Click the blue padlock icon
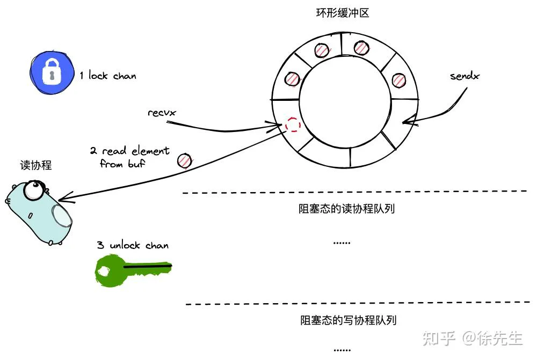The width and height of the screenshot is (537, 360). click(52, 72)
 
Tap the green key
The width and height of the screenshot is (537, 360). click(133, 269)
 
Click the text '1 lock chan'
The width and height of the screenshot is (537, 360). click(108, 75)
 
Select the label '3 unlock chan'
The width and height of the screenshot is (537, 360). click(133, 245)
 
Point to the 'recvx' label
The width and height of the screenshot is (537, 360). click(162, 113)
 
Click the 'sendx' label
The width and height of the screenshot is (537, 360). click(465, 76)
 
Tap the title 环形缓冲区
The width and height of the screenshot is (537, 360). click(343, 13)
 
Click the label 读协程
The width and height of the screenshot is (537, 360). click(35, 165)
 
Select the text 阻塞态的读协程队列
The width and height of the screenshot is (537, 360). click(346, 208)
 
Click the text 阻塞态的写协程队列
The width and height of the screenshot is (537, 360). click(349, 320)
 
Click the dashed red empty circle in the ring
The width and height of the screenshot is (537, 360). click(293, 124)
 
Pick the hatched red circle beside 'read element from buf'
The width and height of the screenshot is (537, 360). click(185, 160)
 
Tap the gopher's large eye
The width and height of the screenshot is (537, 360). click(33, 190)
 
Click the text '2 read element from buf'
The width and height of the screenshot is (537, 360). click(129, 157)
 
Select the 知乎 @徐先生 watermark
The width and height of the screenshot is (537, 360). click(473, 338)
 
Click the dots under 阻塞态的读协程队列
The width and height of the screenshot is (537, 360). click(342, 243)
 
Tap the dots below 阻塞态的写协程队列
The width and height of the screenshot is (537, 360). click(342, 350)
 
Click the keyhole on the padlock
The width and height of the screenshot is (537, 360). click(52, 75)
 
